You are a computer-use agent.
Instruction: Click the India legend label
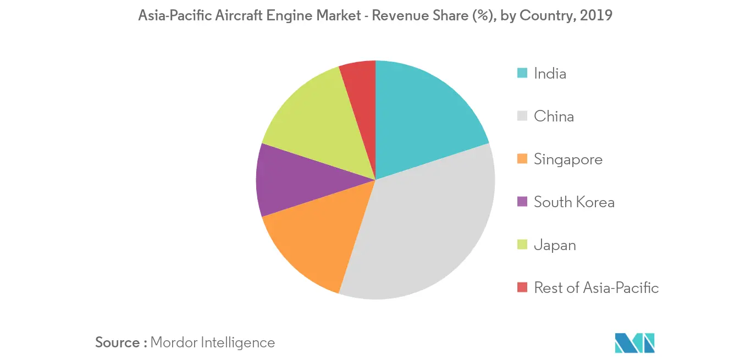point(550,74)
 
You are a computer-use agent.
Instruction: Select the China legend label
point(554,117)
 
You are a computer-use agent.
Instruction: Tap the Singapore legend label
point(568,159)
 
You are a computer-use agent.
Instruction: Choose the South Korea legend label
point(574,202)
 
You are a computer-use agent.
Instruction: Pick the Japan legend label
point(555,245)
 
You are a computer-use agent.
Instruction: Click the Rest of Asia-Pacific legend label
point(596,288)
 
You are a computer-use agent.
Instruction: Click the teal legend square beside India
point(523,73)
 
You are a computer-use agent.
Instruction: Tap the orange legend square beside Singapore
point(523,159)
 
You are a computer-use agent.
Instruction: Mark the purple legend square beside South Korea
point(523,202)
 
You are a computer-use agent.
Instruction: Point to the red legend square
point(523,287)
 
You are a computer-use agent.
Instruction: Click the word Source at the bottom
point(117,342)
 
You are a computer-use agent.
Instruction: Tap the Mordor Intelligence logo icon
point(634,342)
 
